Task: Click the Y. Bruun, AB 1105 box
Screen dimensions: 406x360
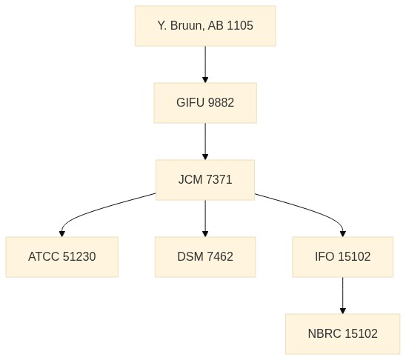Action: (x=205, y=26)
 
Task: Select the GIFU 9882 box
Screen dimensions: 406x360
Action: (x=205, y=103)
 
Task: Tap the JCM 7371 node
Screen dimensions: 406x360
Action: (x=205, y=179)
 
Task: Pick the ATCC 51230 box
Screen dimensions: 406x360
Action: (x=62, y=257)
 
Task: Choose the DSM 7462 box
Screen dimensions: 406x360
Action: (x=205, y=257)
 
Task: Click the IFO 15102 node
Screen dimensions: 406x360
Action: (x=342, y=257)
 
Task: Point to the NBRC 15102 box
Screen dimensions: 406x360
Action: (x=342, y=333)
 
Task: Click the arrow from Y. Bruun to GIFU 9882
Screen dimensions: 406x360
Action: (x=205, y=64)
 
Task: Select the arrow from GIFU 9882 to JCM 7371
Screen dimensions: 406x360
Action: (x=205, y=141)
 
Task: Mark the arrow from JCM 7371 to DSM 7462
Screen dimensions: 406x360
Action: (x=205, y=219)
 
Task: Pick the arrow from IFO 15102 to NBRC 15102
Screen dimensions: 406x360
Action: (x=342, y=296)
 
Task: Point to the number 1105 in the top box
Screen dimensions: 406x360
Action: (x=240, y=26)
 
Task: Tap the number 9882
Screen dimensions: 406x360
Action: (x=221, y=102)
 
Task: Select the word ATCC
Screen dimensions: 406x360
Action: (x=44, y=257)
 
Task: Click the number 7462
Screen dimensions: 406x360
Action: (x=220, y=257)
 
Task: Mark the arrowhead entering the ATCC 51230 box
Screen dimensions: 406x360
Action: (x=62, y=233)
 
